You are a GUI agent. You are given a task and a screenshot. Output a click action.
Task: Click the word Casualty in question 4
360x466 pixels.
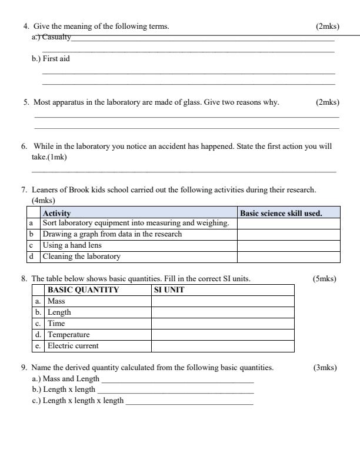56,37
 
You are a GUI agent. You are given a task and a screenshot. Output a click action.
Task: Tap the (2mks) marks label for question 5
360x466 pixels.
327,102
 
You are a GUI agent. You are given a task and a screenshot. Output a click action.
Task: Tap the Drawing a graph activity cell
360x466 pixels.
112,234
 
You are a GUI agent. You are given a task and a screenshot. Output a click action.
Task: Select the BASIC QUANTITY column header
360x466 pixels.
83,289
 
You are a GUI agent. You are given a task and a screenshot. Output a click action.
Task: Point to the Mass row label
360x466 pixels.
56,301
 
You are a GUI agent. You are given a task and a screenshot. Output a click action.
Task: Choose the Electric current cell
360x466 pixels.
73,345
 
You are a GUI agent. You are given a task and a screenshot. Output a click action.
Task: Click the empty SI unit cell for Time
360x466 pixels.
222,323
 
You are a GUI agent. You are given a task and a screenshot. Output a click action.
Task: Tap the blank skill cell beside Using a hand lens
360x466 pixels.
288,245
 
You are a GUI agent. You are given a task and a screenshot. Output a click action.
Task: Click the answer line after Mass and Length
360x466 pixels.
177,380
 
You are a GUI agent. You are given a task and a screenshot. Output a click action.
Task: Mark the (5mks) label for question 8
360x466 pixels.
325,278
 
